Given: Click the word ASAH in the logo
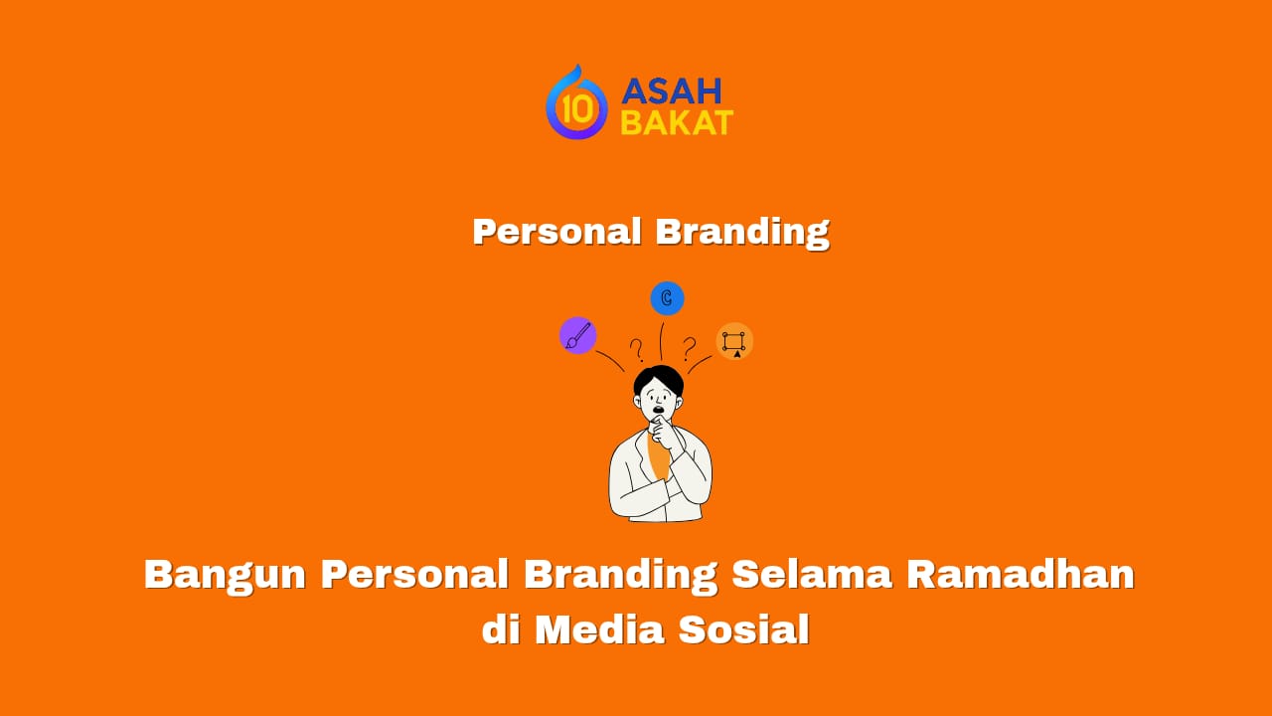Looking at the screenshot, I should pyautogui.click(x=671, y=91).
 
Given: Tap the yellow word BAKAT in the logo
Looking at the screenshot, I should pyautogui.click(x=677, y=122).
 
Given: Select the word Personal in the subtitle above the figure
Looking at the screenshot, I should pyautogui.click(x=556, y=232).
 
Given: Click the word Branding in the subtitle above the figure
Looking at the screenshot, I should pyautogui.click(x=742, y=232).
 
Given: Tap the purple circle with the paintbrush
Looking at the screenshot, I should pyautogui.click(x=577, y=336).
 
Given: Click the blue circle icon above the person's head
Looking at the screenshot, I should pyautogui.click(x=667, y=298).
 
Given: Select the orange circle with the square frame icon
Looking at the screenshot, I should pyautogui.click(x=734, y=342).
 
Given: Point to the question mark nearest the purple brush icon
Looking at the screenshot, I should pyautogui.click(x=636, y=349).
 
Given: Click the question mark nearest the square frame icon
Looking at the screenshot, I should pyautogui.click(x=689, y=347).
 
